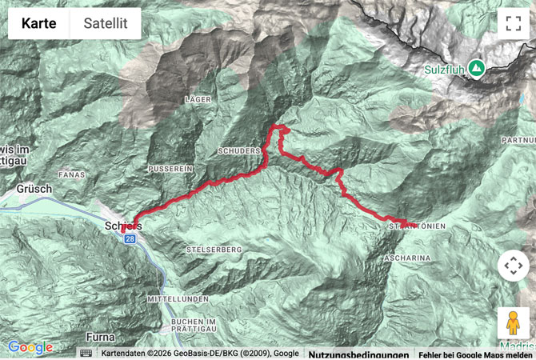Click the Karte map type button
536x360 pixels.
click(x=39, y=23)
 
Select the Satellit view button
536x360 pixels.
click(x=106, y=23)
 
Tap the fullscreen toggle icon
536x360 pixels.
click(x=513, y=23)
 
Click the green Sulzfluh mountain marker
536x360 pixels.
click(x=477, y=68)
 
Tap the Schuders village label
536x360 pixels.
click(x=239, y=150)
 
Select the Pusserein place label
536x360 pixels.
click(x=170, y=170)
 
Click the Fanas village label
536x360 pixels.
click(x=72, y=174)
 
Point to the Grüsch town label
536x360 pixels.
click(x=34, y=190)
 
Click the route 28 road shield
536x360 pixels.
click(x=130, y=238)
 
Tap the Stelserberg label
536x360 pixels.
click(x=213, y=250)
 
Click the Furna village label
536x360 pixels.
click(x=102, y=336)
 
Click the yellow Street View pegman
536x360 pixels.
click(x=513, y=322)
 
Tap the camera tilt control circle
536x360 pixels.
click(x=513, y=266)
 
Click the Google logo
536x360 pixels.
click(x=30, y=347)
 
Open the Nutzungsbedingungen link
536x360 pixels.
click(x=358, y=354)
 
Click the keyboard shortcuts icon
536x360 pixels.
click(x=86, y=353)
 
